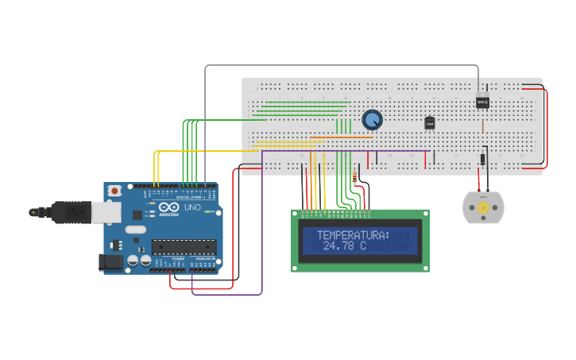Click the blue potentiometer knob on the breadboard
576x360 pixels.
point(372,120)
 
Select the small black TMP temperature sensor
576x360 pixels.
point(430,123)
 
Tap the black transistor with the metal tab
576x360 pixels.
point(482,101)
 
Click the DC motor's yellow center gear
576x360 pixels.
point(483,207)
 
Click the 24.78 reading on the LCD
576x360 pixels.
point(338,246)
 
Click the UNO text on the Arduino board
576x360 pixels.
point(192,207)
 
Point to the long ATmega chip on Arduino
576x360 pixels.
point(183,247)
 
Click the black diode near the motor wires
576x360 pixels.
point(483,159)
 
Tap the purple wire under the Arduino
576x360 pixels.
point(226,295)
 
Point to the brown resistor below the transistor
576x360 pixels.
point(483,126)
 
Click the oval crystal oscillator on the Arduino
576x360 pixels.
point(136,230)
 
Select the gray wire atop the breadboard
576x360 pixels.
point(342,66)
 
